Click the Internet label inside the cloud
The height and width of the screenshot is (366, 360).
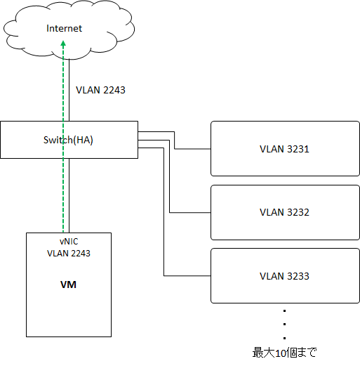(x=64, y=28)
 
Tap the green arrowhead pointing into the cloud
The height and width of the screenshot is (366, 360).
(x=63, y=44)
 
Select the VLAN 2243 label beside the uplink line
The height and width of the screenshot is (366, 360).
(x=100, y=90)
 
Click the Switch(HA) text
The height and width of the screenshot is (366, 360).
(x=68, y=140)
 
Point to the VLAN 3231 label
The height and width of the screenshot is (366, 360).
(x=284, y=149)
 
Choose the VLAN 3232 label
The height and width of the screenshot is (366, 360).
(x=284, y=212)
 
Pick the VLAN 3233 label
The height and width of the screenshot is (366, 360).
(x=284, y=276)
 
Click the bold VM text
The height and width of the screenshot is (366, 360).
(x=68, y=285)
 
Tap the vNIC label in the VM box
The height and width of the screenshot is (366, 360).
(x=69, y=242)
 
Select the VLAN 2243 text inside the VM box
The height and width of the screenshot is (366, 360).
(x=69, y=254)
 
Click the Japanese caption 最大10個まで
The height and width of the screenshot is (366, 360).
(x=284, y=353)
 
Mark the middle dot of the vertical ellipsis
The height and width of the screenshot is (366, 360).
(x=285, y=325)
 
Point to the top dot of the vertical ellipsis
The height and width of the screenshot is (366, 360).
(x=285, y=311)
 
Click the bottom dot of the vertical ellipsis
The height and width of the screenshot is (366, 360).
(x=285, y=338)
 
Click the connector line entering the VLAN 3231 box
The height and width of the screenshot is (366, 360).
(x=175, y=140)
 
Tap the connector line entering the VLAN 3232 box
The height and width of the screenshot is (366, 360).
(x=169, y=176)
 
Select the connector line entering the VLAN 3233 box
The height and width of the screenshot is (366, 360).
(x=164, y=212)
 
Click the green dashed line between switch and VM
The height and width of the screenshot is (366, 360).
(x=63, y=195)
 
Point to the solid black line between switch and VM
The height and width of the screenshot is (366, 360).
(x=69, y=195)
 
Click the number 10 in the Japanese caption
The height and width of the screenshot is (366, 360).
(x=280, y=353)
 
